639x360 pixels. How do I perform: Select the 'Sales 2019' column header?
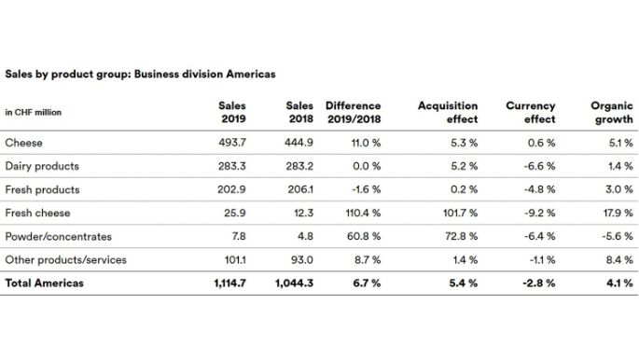[x=231, y=113]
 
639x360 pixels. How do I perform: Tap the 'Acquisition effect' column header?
[x=448, y=113]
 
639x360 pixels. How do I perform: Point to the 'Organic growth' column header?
[x=612, y=113]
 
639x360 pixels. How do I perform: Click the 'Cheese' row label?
[x=23, y=143]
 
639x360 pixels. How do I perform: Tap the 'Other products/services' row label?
[x=65, y=259]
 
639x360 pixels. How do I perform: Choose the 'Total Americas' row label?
[x=45, y=283]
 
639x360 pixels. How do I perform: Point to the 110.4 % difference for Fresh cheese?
[x=358, y=213]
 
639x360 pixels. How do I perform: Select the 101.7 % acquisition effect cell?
[x=457, y=213]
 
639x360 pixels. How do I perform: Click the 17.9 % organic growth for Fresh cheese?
[x=618, y=213]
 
